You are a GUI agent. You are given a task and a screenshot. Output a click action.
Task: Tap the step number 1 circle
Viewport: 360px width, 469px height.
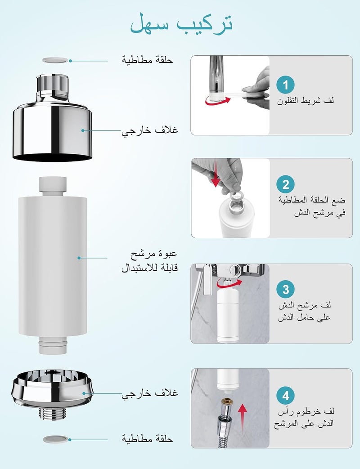(x=285, y=85)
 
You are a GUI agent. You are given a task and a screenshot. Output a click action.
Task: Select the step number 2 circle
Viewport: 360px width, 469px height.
(x=285, y=184)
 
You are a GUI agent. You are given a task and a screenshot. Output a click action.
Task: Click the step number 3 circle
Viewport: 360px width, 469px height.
(x=285, y=289)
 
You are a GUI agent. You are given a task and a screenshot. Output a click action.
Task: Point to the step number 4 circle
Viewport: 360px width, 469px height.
(x=285, y=396)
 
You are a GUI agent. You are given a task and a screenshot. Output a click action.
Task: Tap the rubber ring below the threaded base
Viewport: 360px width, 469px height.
(x=55, y=439)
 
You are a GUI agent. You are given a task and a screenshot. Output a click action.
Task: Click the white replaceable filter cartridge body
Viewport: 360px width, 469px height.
(x=53, y=266)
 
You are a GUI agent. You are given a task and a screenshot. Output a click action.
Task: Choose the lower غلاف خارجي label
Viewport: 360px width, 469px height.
(x=150, y=393)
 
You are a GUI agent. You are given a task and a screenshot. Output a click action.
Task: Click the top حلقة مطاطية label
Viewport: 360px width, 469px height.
(x=147, y=60)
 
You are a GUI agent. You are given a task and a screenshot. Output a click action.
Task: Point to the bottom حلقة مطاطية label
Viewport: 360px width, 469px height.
(x=147, y=439)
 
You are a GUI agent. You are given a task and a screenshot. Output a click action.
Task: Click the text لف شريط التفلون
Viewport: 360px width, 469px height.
(x=305, y=101)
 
